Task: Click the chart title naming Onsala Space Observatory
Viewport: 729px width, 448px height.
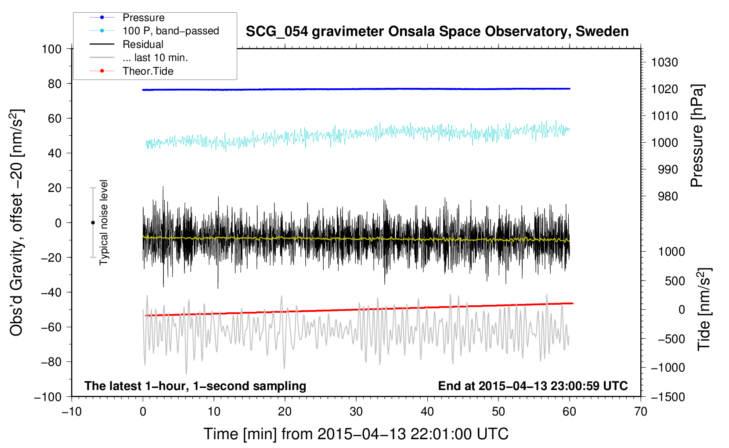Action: pyautogui.click(x=437, y=32)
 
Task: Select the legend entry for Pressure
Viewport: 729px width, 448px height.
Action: pyautogui.click(x=144, y=18)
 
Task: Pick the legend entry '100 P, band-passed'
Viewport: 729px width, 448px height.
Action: pyautogui.click(x=170, y=31)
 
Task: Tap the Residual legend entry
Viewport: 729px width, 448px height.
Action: pyautogui.click(x=143, y=44)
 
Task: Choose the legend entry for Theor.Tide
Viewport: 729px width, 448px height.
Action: pyautogui.click(x=148, y=71)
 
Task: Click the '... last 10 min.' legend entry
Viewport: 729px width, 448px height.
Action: pyautogui.click(x=155, y=58)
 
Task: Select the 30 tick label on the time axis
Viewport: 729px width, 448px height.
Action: pyautogui.click(x=356, y=412)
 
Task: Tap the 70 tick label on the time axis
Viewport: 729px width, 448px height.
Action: pyautogui.click(x=641, y=412)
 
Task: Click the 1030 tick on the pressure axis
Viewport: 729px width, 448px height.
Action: pyautogui.click(x=664, y=62)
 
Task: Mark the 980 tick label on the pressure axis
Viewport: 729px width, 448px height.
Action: pyautogui.click(x=668, y=196)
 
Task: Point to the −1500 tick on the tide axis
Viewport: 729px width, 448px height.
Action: pyautogui.click(x=668, y=397)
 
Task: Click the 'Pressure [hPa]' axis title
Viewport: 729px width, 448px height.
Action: pyautogui.click(x=697, y=136)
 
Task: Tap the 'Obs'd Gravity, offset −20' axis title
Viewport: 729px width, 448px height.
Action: pyautogui.click(x=17, y=223)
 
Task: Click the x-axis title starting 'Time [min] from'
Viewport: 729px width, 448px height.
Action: pyautogui.click(x=356, y=434)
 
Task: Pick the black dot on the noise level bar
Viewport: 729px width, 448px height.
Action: pyautogui.click(x=93, y=223)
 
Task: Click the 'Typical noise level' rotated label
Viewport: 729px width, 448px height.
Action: pyautogui.click(x=104, y=223)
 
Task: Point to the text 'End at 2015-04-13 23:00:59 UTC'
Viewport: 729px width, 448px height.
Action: pyautogui.click(x=533, y=386)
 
